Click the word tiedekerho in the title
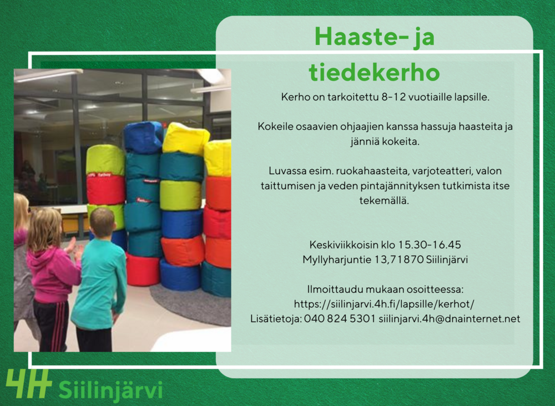tap(374, 72)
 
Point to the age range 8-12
tap(393, 97)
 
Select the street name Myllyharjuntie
tap(337, 260)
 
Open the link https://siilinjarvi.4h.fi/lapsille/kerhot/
tap(384, 304)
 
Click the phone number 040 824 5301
tap(340, 319)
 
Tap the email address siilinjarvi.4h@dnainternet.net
tap(450, 319)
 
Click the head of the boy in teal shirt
tap(102, 223)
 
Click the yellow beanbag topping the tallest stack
tap(185, 139)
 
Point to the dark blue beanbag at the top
tap(143, 137)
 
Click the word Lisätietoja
tap(276, 319)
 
